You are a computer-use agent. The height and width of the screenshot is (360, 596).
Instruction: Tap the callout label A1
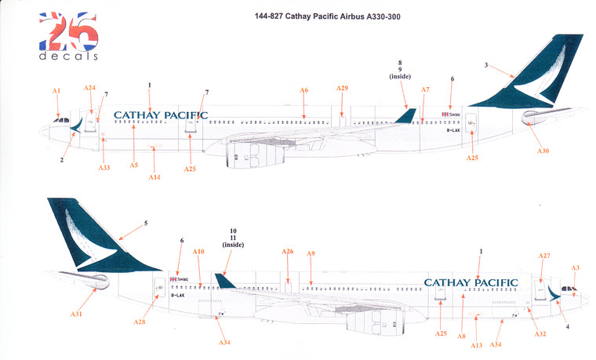coord(56,91)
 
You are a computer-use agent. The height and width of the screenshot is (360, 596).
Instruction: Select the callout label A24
coord(90,88)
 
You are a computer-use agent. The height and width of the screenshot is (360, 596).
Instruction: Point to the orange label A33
coord(104,168)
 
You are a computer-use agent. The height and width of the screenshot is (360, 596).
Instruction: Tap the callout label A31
coord(76,315)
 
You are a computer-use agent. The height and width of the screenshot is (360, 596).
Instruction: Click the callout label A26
coord(288,252)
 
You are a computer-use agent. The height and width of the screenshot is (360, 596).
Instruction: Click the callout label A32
coord(538,334)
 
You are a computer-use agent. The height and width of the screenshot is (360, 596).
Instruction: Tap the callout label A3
coord(575,268)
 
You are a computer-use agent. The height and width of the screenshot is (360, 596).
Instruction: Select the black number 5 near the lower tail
coord(146,224)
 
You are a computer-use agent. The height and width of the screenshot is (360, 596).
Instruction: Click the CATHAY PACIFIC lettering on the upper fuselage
coord(161,115)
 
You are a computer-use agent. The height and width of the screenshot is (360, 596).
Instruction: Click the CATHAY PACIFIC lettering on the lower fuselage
coord(471,282)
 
